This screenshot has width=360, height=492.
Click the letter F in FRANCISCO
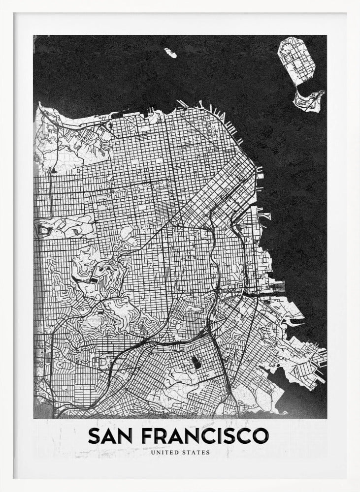click(146, 435)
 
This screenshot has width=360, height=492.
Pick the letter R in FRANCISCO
click(161, 435)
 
